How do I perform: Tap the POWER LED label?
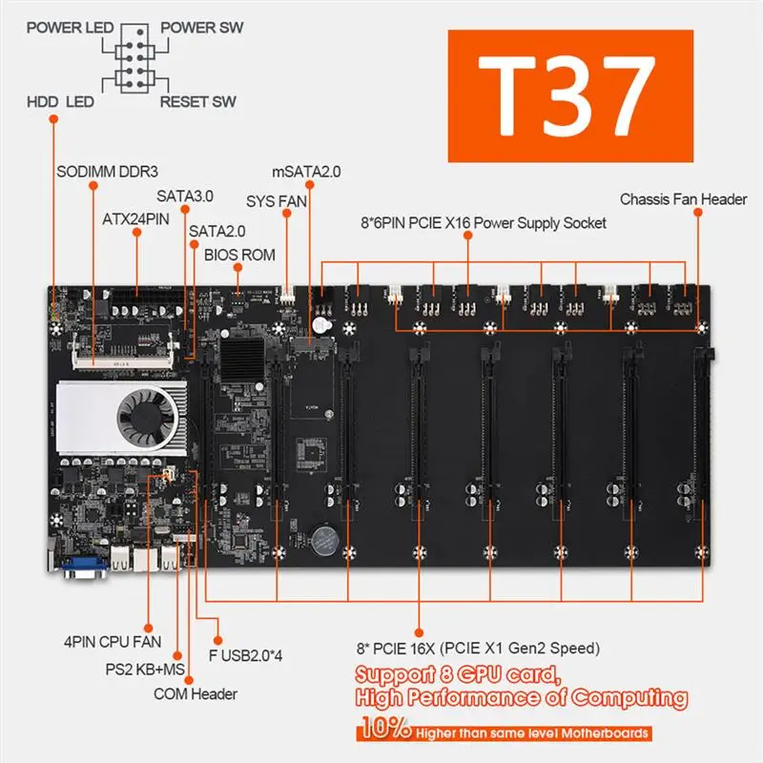click(x=68, y=27)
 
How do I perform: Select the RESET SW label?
click(x=198, y=101)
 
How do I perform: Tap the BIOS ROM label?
click(x=238, y=255)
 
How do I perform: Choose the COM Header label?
click(x=196, y=693)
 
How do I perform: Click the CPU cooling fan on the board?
click(x=143, y=418)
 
